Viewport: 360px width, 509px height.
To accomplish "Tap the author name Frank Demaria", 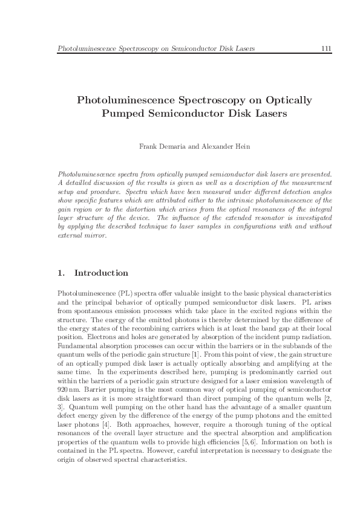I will tap(160, 147).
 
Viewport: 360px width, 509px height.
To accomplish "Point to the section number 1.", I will tap(61, 273).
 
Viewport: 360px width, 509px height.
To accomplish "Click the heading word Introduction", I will tap(101, 273).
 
